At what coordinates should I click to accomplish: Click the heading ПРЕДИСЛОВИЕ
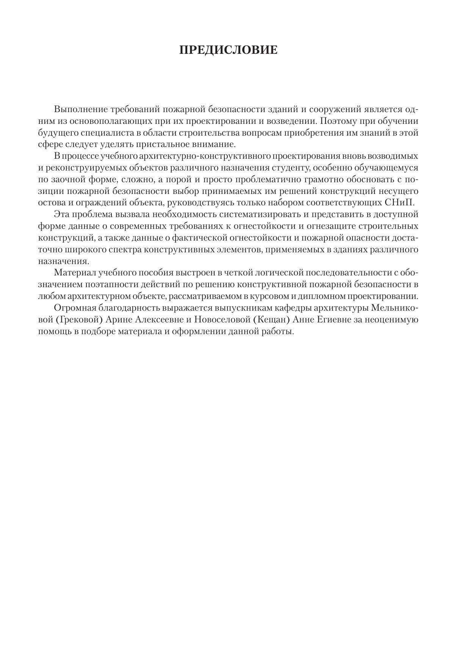point(229,50)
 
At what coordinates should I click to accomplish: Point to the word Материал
point(74,273)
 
